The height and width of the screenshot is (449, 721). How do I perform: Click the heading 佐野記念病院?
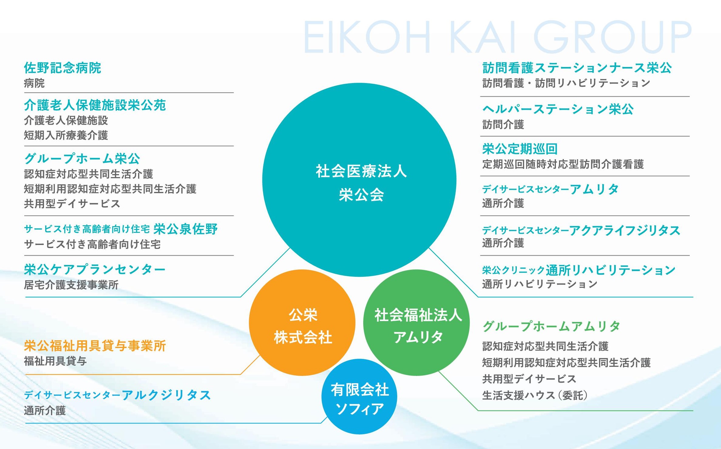62,68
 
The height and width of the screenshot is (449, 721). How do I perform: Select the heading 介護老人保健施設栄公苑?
95,105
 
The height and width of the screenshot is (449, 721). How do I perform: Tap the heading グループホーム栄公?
82,159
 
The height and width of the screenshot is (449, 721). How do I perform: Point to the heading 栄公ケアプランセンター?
95,269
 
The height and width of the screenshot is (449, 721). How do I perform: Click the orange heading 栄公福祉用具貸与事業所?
95,346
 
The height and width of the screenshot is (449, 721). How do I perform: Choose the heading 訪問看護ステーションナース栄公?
577,68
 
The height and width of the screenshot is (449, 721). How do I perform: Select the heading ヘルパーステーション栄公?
558,109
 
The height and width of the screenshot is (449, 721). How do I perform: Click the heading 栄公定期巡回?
520,149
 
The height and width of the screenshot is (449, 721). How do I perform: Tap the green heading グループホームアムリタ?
551,326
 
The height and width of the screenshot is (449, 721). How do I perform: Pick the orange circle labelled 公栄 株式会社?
302,323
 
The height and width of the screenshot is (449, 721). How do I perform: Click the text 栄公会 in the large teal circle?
361,195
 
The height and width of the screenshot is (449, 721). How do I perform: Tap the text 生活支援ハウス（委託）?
535,395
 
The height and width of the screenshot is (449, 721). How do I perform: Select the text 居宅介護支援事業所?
71,285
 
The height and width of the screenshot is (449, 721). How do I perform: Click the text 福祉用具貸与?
55,361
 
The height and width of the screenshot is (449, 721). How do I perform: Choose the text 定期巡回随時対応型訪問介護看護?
563,164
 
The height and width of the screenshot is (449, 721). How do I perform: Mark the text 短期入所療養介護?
66,135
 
